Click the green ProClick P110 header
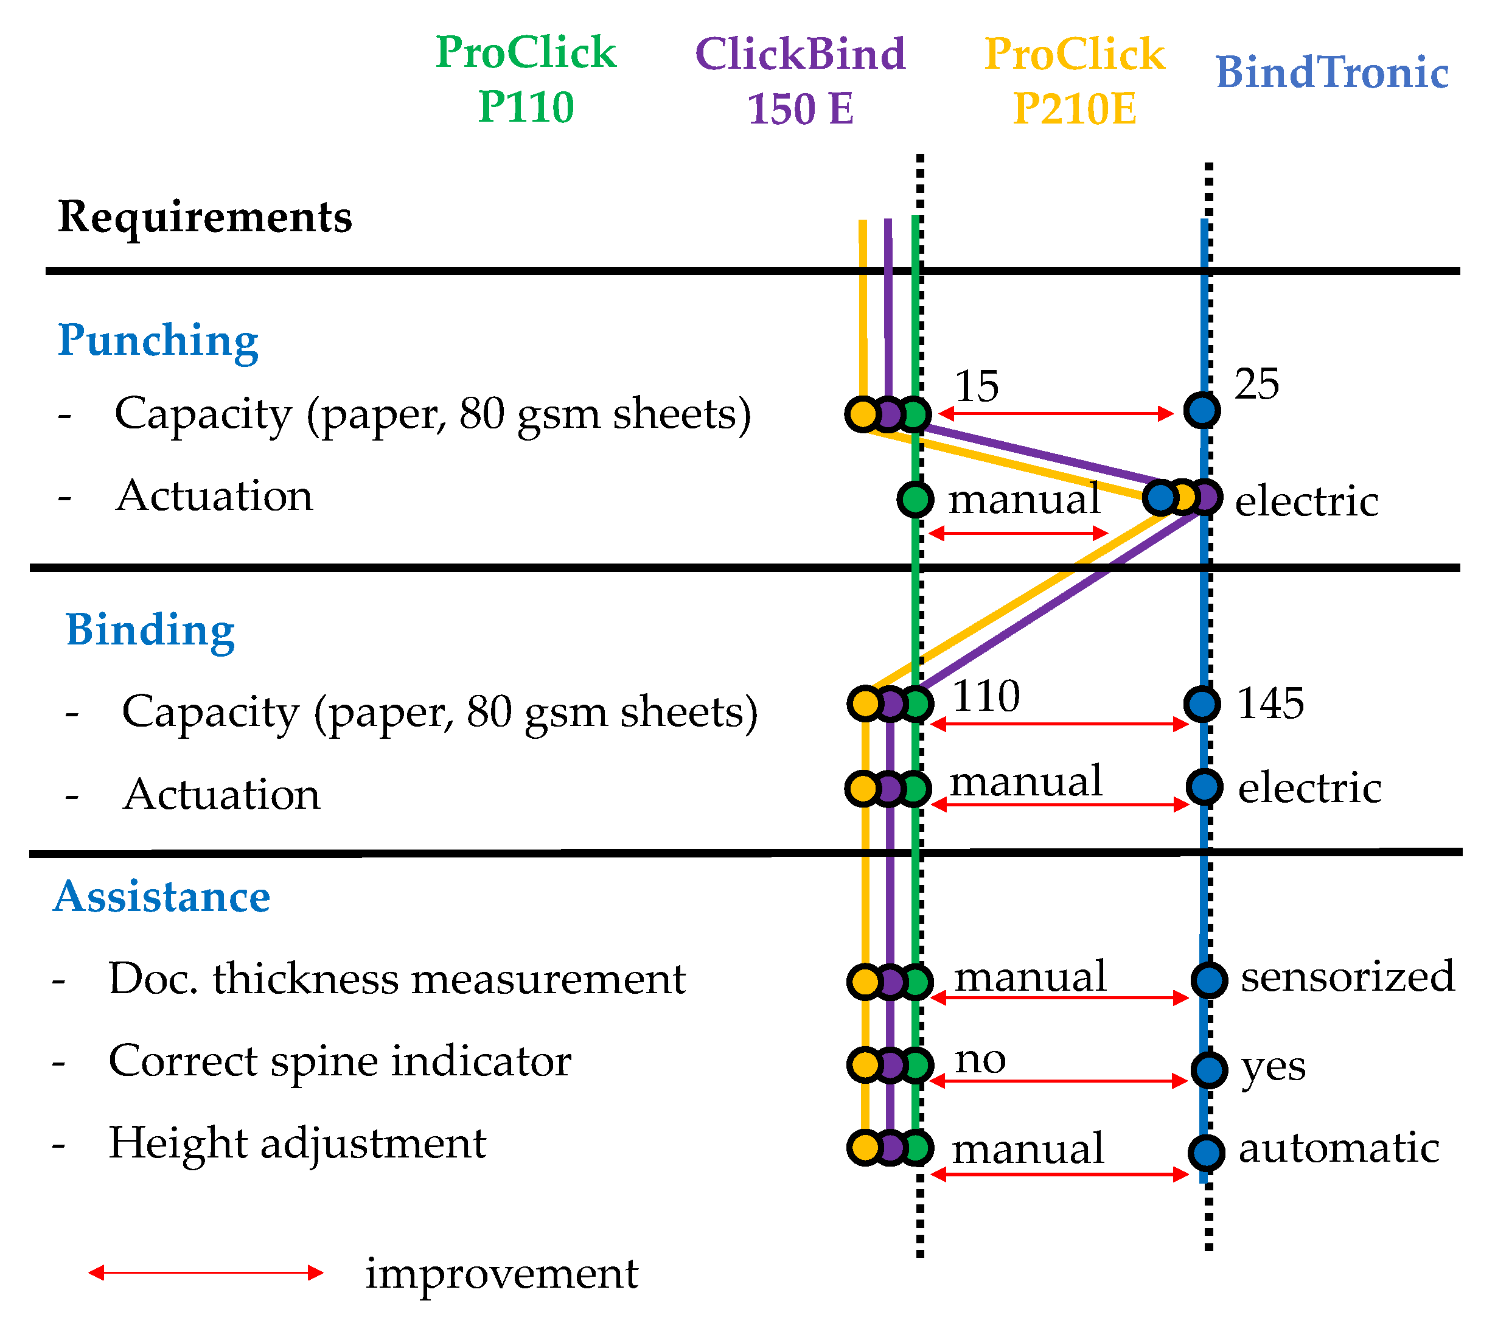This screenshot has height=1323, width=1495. [526, 79]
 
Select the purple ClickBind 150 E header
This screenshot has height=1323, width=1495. [800, 80]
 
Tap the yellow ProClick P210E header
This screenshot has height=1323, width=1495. [1074, 80]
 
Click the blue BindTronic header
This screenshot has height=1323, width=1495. [1331, 72]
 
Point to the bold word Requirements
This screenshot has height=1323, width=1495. [205, 217]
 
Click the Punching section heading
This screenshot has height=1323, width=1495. [158, 340]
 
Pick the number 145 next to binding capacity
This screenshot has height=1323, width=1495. [1270, 703]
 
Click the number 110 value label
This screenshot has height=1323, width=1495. [986, 696]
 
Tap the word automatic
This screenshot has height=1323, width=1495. [1339, 1148]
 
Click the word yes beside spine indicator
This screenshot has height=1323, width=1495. [1273, 1067]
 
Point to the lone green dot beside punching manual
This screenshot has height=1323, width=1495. [915, 500]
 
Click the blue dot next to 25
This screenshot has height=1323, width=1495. [1202, 410]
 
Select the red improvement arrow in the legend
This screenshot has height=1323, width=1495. [206, 1272]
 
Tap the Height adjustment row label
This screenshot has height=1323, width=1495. [297, 1143]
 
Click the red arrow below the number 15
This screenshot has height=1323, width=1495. [1056, 413]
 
